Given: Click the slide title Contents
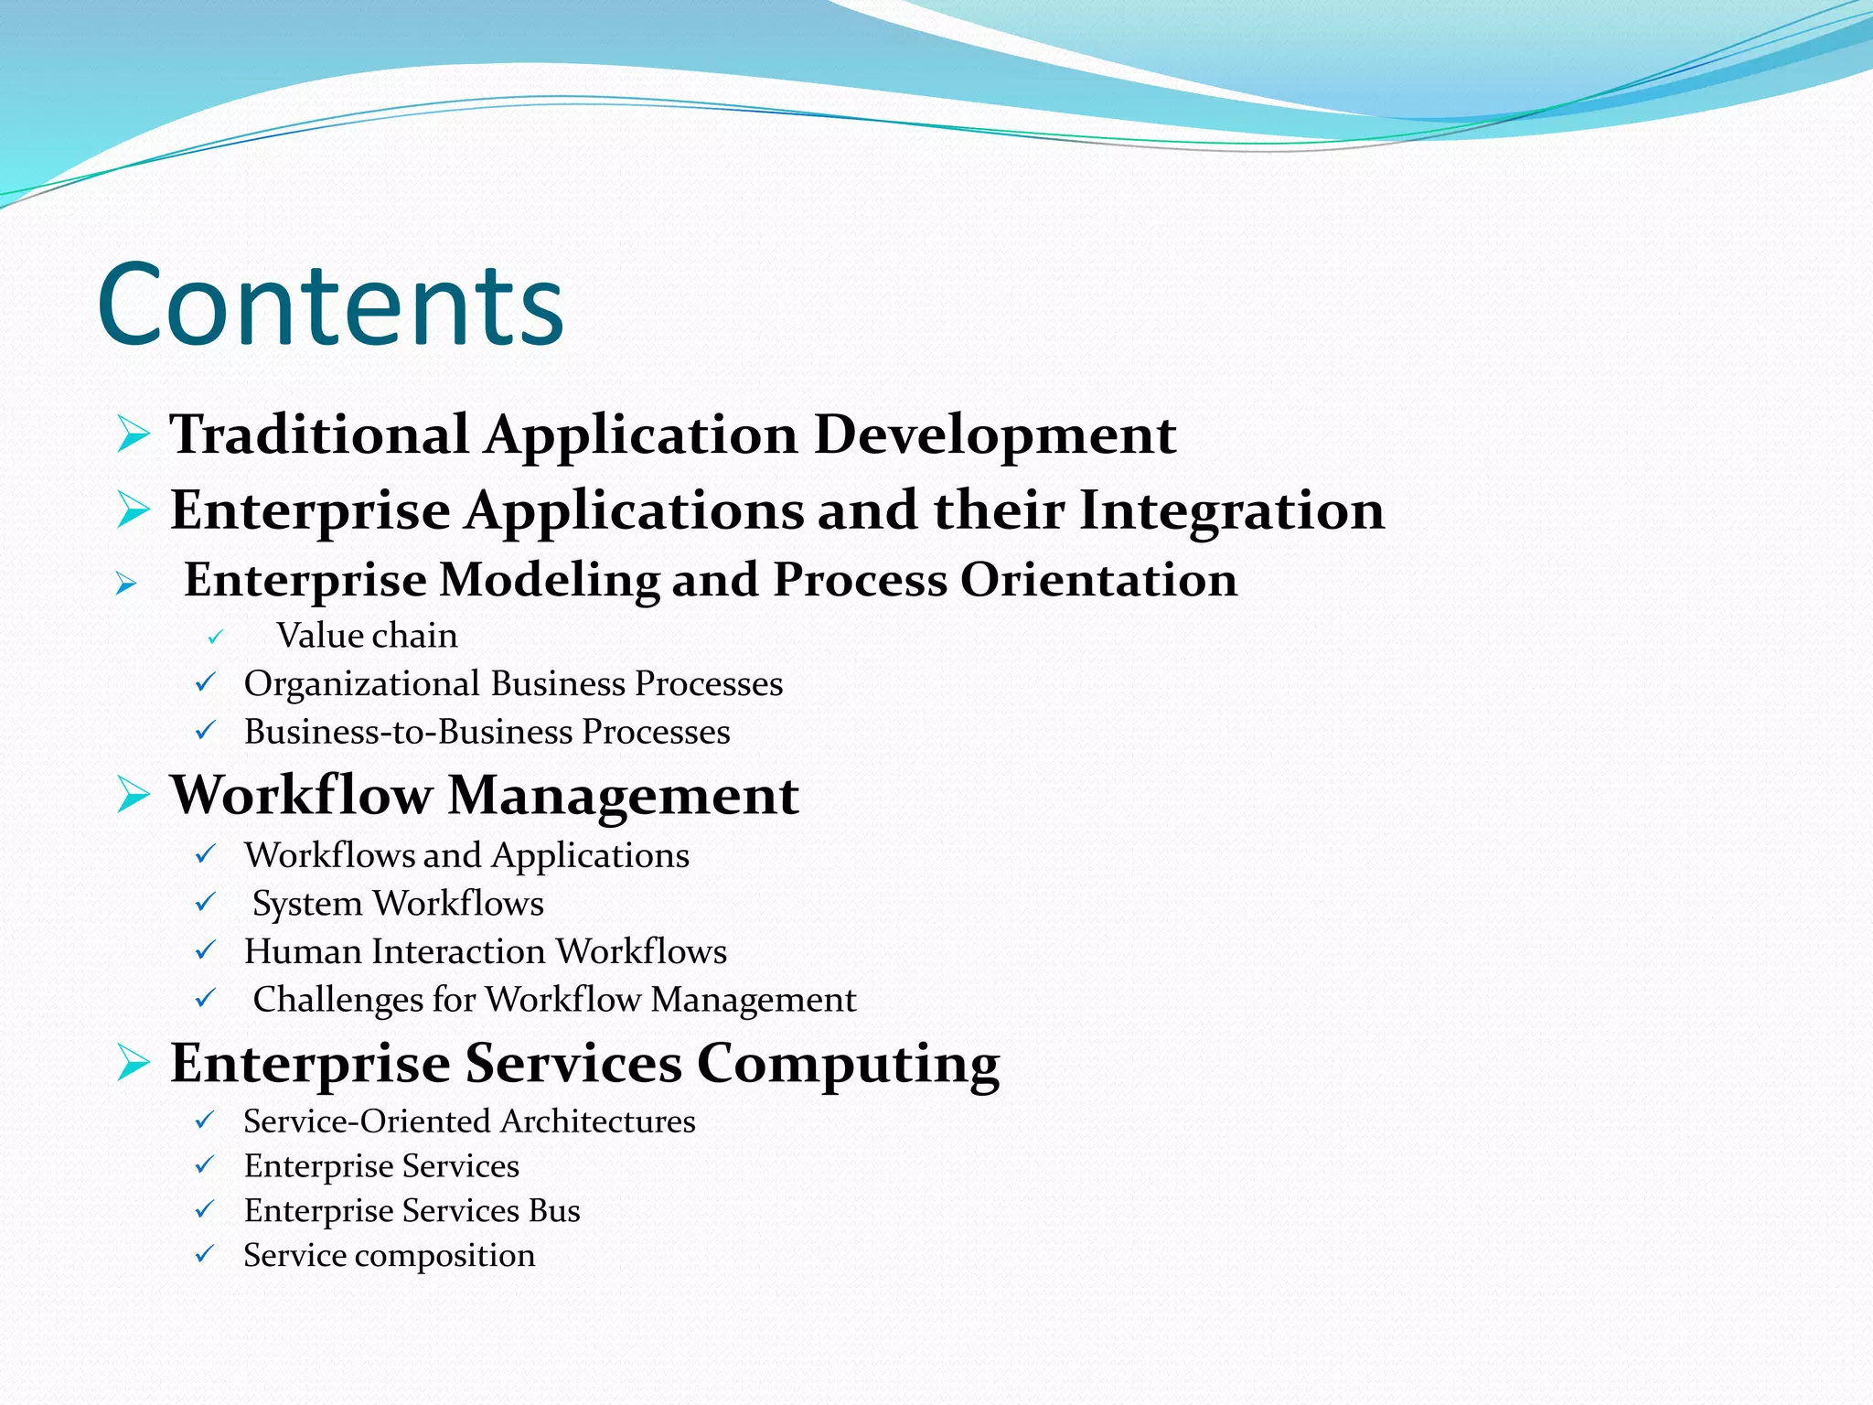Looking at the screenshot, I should [x=330, y=305].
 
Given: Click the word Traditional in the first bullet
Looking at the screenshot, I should [x=319, y=434].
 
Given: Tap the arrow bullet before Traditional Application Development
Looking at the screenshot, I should [x=134, y=434].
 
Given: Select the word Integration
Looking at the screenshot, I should [x=1232, y=510].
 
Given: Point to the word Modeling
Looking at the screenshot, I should [x=549, y=580].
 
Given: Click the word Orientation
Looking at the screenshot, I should [x=1098, y=580].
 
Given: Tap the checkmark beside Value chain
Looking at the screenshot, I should [x=215, y=638].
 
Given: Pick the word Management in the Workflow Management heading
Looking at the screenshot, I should [x=623, y=795].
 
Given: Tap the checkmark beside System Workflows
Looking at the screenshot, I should [x=206, y=903].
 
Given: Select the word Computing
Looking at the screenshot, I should [x=848, y=1065].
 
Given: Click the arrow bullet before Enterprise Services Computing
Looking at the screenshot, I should [x=134, y=1063].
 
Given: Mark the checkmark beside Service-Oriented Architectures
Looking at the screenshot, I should [x=205, y=1121].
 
